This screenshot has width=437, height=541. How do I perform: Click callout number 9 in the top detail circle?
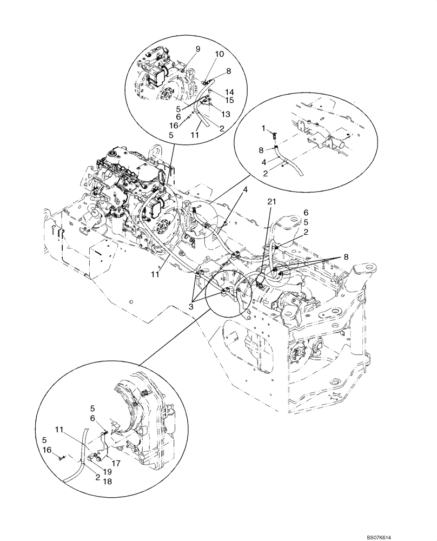tap(197, 49)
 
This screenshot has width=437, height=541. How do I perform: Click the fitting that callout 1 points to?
tap(275, 135)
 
